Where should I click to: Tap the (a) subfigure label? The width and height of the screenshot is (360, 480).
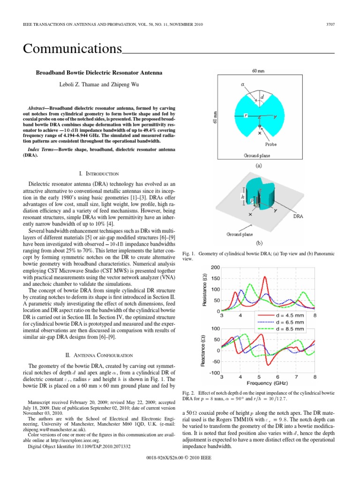click(258, 165)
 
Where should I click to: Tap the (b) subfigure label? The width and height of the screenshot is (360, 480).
click(259, 243)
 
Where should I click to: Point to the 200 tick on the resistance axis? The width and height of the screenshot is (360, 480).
click(215, 268)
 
